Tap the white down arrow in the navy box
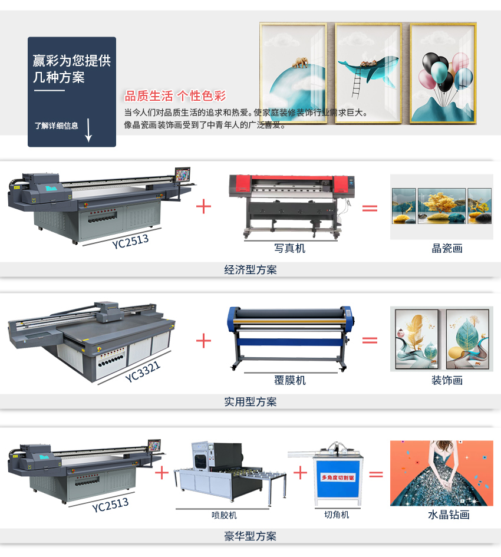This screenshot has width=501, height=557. click(x=88, y=130)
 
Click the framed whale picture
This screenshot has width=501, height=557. click(x=368, y=72)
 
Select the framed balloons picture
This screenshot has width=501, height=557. click(x=443, y=72)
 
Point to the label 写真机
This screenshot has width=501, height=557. click(x=290, y=249)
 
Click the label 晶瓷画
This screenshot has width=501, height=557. click(x=447, y=249)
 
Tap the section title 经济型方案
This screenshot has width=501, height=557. click(x=250, y=270)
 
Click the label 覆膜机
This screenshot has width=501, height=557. click(x=290, y=381)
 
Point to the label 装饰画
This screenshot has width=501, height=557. click(x=447, y=381)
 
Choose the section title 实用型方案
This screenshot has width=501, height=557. click(x=250, y=402)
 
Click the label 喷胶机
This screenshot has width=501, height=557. click(x=224, y=515)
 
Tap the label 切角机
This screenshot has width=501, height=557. click(x=337, y=515)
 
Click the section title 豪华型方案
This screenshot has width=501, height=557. click(x=250, y=536)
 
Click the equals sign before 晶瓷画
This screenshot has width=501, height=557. click(x=370, y=207)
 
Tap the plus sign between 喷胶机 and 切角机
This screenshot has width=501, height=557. click(x=301, y=472)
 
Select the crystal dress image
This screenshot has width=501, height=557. click(x=441, y=473)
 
